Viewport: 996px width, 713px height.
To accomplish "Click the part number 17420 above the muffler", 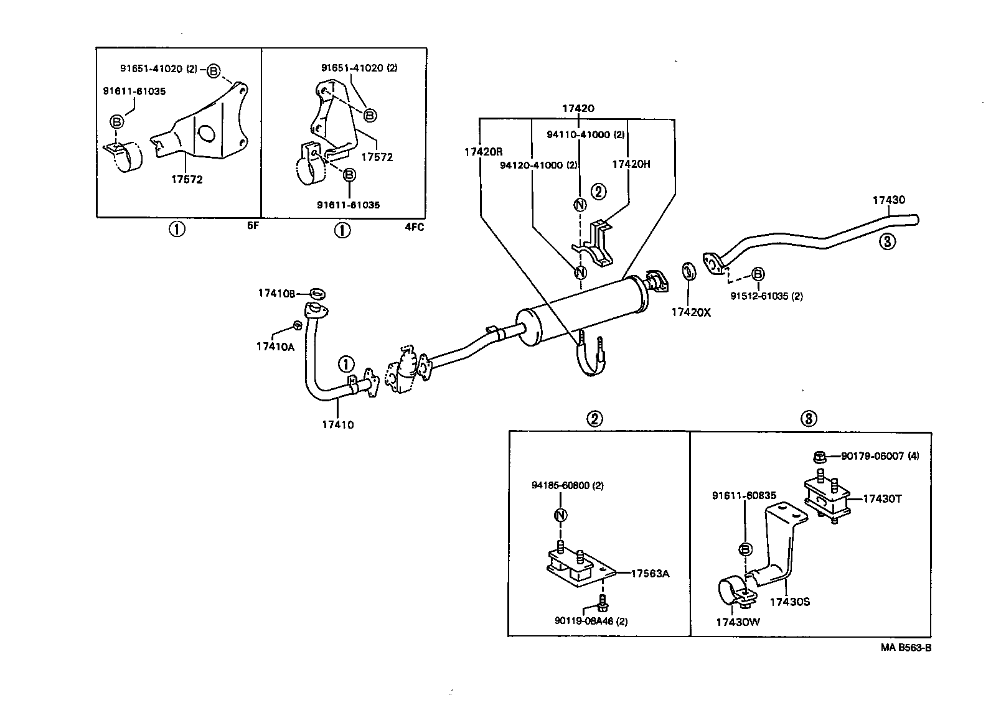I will pyautogui.click(x=578, y=108).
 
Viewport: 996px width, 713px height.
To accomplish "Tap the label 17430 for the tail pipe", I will pyautogui.click(x=888, y=200).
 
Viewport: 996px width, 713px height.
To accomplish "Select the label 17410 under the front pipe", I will pyautogui.click(x=337, y=425).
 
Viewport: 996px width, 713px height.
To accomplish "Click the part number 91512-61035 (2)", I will pyautogui.click(x=766, y=296).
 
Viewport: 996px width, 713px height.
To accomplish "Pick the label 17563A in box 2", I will pyautogui.click(x=650, y=574).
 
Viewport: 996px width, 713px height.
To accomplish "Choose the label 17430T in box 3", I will pyautogui.click(x=882, y=498).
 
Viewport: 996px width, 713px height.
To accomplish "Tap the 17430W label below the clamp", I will pyautogui.click(x=738, y=622).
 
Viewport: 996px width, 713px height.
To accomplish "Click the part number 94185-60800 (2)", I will pyautogui.click(x=567, y=485).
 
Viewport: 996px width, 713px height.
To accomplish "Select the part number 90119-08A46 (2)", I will pyautogui.click(x=591, y=620).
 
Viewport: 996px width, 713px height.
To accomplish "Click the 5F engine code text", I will pyautogui.click(x=252, y=226).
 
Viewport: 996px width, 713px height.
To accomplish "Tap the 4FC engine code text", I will pyautogui.click(x=414, y=227).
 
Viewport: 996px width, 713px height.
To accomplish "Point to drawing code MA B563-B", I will pyautogui.click(x=906, y=648).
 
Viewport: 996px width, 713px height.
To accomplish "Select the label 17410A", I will pyautogui.click(x=275, y=347).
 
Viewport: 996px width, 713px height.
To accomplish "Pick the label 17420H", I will pyautogui.click(x=631, y=164).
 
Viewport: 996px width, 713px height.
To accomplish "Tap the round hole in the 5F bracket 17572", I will pyautogui.click(x=206, y=134).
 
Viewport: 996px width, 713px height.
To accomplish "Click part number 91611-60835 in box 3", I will pyautogui.click(x=744, y=496).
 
